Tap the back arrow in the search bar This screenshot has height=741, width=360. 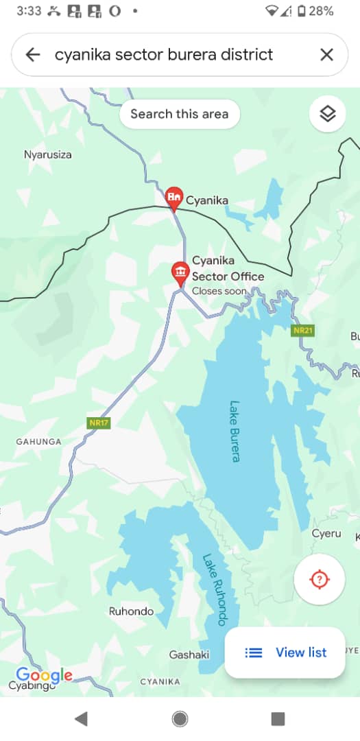click(x=32, y=55)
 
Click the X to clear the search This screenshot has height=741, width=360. click(x=326, y=55)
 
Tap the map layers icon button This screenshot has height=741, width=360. click(x=328, y=114)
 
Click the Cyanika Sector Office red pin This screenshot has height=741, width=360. click(x=180, y=273)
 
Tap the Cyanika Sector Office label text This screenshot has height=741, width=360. click(x=227, y=269)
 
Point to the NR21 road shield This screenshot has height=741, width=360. click(x=302, y=331)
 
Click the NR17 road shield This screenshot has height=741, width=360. click(x=99, y=423)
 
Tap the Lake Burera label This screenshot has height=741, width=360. click(x=235, y=431)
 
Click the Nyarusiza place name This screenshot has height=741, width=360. click(x=48, y=154)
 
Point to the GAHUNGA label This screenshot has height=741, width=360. click(x=38, y=442)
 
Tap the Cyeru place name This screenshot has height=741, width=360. click(x=326, y=533)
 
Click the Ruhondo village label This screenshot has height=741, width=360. click(x=132, y=611)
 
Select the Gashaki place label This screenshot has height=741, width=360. click(x=189, y=655)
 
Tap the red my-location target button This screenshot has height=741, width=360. click(x=319, y=580)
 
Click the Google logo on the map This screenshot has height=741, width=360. click(x=44, y=675)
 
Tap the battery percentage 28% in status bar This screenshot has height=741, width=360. click(x=321, y=11)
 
